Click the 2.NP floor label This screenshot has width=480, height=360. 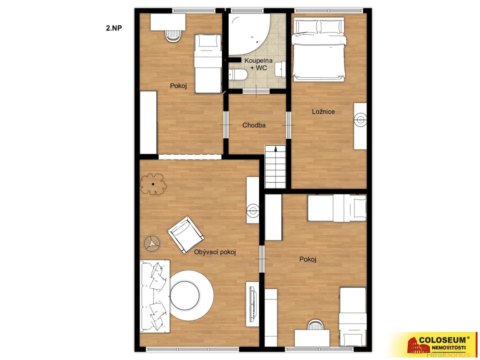point(114,28)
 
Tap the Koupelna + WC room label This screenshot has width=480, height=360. point(258,64)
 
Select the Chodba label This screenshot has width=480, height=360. point(254,125)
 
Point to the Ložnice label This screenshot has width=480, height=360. point(323,112)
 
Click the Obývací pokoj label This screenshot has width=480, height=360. point(215,252)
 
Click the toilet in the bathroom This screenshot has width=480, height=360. point(238,75)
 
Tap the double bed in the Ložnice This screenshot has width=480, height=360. point(319,49)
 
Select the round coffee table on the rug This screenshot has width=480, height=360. point(185,295)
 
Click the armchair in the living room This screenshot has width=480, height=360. point(186,234)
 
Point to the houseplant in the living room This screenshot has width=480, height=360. point(153,184)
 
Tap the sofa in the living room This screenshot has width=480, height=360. point(155,296)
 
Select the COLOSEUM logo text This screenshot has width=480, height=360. point(444,339)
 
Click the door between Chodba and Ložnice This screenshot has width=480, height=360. point(288,125)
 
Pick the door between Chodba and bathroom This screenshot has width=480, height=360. point(256,91)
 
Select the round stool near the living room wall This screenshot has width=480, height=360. point(151,244)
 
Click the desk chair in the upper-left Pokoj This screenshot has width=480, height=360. point(173,35)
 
